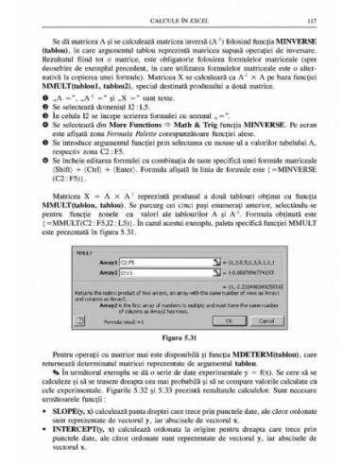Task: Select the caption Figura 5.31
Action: (180, 337)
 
